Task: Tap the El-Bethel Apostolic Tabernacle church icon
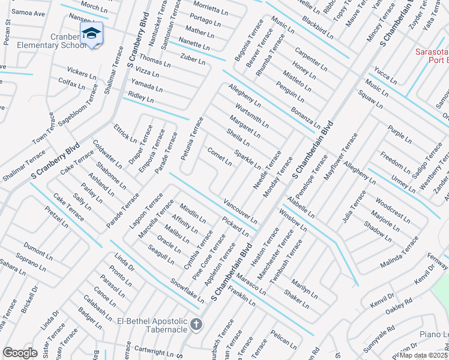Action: click(196, 325)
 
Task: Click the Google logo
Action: click(20, 353)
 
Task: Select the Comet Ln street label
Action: click(219, 155)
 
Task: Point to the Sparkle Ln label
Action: click(247, 159)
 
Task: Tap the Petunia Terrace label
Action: click(192, 139)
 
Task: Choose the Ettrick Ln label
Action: click(125, 133)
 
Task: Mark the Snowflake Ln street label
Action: click(187, 290)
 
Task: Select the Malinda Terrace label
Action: click(399, 253)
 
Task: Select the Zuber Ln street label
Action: click(192, 59)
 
